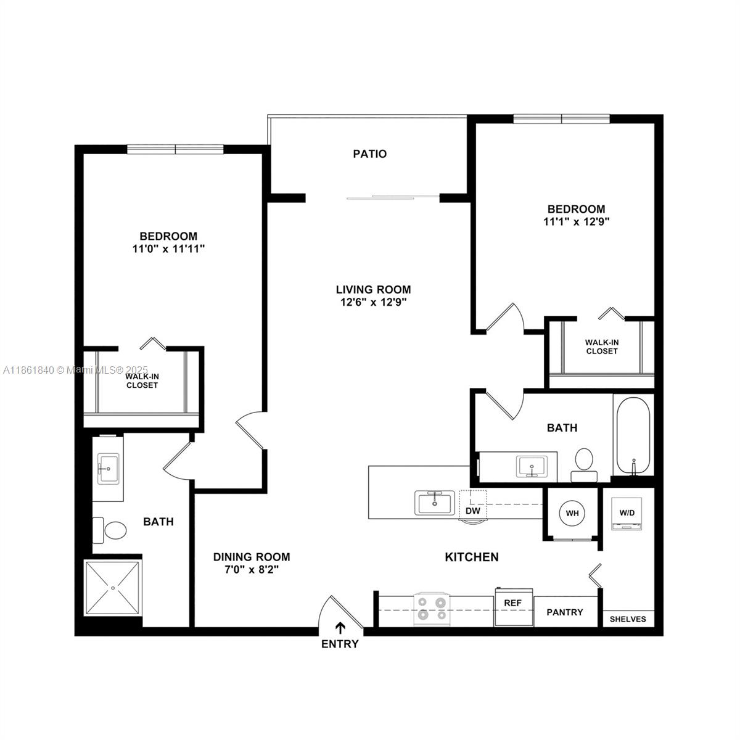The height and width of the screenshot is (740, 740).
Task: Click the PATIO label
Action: (370, 154)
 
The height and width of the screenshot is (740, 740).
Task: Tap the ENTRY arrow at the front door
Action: (340, 628)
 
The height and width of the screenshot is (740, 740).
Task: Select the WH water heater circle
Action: (572, 513)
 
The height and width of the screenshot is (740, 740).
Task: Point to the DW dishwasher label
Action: (472, 511)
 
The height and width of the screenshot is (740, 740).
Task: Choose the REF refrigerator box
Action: (513, 607)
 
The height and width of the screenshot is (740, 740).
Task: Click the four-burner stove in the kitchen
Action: (431, 608)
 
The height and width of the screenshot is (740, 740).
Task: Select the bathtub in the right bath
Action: (632, 436)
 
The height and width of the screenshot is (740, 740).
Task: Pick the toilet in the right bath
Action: (583, 462)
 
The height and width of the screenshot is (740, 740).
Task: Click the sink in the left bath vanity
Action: (108, 468)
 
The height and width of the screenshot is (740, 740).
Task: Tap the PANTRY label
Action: (565, 612)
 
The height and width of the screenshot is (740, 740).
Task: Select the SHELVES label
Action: (628, 619)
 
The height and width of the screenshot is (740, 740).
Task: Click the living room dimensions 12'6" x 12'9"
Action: (373, 302)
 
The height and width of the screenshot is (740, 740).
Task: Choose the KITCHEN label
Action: (472, 557)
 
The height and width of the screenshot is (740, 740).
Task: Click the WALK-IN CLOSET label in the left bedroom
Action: (142, 380)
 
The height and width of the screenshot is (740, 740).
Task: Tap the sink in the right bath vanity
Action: (531, 467)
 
